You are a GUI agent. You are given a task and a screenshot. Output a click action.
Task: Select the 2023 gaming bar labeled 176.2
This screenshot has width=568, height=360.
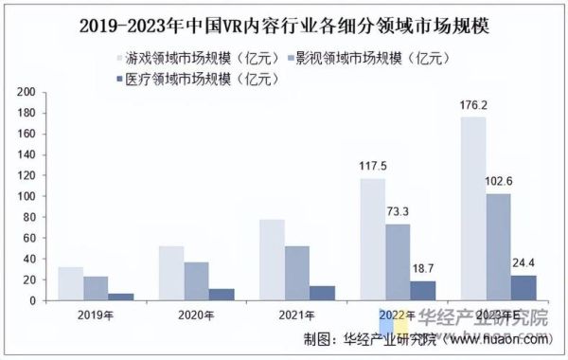coord(472,208)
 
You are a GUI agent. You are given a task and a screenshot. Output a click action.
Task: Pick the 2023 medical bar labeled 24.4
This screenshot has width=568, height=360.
coord(524,288)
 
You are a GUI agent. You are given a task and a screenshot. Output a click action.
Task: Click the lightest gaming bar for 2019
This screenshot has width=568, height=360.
coord(70,284)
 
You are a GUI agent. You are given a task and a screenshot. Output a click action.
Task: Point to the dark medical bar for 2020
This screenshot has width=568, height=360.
coord(222,295)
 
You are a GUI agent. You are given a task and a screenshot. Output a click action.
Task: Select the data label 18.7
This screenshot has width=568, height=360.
coord(423,269)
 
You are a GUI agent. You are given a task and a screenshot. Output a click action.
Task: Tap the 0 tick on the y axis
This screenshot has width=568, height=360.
coord(31,300)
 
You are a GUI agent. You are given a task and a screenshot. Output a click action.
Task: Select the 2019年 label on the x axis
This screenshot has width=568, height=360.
coord(96,314)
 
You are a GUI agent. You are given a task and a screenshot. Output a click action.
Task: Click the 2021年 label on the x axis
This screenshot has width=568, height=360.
coord(298,314)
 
